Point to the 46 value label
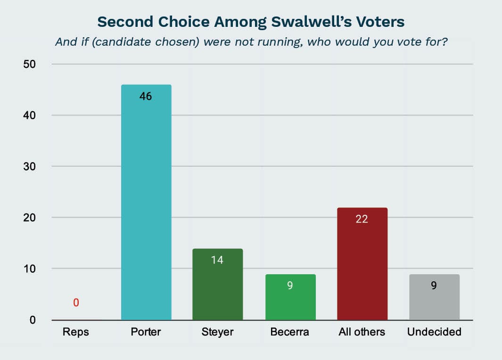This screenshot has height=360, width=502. (x=146, y=97)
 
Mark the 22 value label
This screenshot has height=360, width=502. (x=362, y=219)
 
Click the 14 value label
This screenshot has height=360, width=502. (x=217, y=260)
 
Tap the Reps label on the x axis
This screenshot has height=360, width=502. (x=75, y=332)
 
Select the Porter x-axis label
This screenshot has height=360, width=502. (x=146, y=332)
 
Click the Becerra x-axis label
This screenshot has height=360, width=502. (x=290, y=332)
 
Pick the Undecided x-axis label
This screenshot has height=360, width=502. (x=434, y=332)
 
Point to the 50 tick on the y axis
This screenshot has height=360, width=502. (x=29, y=64)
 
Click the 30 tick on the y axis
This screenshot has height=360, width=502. (x=29, y=166)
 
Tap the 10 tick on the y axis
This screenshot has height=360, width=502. (x=29, y=269)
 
